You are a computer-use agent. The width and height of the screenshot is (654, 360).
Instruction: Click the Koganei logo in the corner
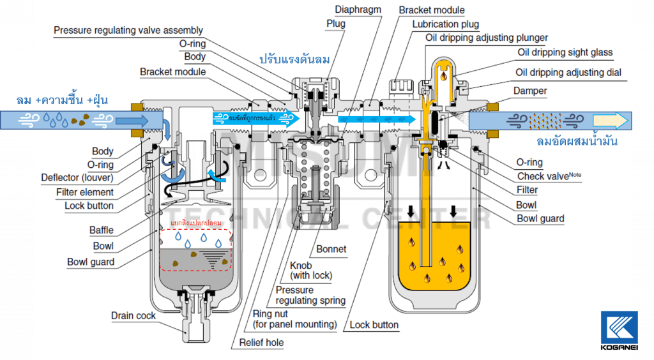[x=619, y=330]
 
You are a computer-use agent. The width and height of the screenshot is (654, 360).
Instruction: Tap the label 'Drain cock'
[x=133, y=315]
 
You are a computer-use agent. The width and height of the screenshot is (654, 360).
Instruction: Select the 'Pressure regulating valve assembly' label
[x=128, y=30]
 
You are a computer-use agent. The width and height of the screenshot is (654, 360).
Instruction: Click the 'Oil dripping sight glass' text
[x=565, y=52]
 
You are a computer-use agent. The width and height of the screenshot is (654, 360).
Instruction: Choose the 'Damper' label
[x=530, y=91]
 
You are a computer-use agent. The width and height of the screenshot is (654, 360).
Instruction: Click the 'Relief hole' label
[x=261, y=342]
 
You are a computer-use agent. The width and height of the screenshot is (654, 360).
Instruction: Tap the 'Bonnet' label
[x=331, y=249]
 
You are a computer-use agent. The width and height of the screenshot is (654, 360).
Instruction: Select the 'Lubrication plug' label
[x=445, y=24]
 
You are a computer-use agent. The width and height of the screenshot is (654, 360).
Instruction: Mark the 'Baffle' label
[x=102, y=230]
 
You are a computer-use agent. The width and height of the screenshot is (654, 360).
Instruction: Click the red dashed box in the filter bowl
[x=195, y=249]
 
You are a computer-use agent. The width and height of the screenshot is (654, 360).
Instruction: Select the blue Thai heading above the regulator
[x=294, y=59]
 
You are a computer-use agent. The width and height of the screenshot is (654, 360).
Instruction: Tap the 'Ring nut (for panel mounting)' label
[x=294, y=319]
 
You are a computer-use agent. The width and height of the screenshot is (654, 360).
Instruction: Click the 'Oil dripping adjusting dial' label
[x=568, y=72]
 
